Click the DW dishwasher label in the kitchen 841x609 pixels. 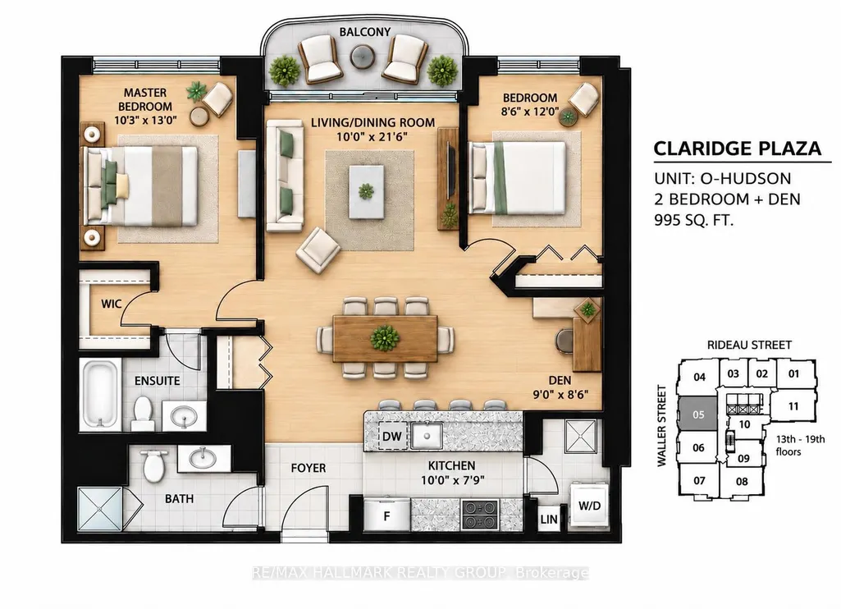coord(392,436)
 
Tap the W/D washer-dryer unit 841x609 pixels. coord(589,505)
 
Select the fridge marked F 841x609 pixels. coord(386,515)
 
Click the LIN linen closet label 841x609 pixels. coord(549,520)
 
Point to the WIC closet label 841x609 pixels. coord(111,304)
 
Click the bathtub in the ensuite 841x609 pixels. coord(100,394)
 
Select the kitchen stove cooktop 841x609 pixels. coord(480,515)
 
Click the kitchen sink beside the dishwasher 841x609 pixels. coord(427,436)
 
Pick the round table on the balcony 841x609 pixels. coord(363,55)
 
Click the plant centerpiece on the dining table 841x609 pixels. coord(385,338)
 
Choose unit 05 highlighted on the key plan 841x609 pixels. coord(697,414)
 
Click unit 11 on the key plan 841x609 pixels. coord(793,406)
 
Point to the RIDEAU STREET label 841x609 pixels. coord(749,345)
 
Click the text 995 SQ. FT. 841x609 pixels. coord(693,220)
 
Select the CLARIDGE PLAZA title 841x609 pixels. coord(738,149)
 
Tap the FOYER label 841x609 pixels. coord(309,468)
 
